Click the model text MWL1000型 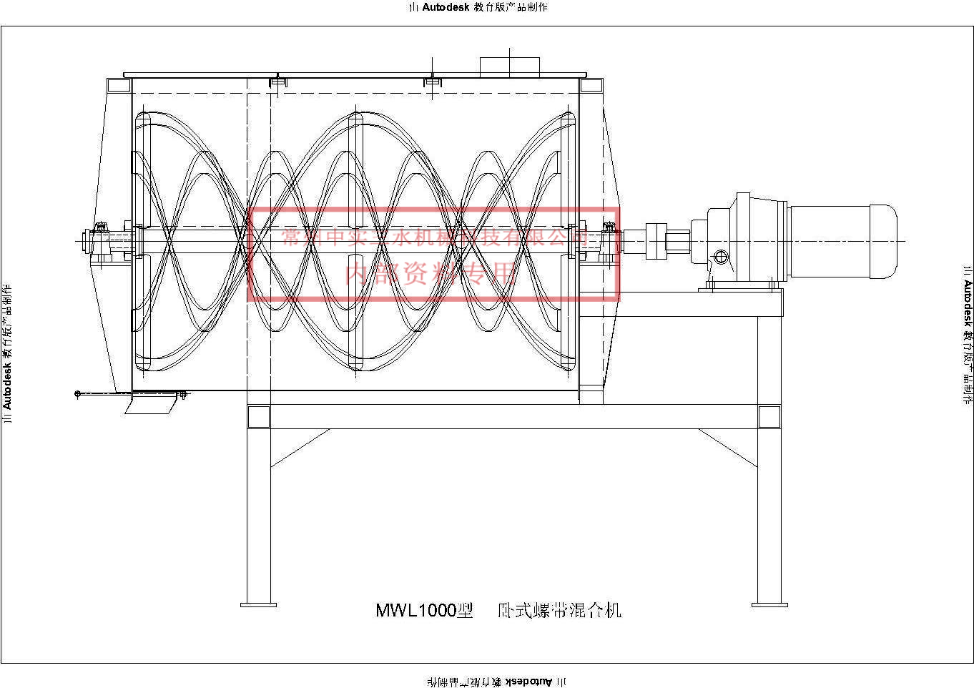(424, 610)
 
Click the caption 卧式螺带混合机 (560, 610)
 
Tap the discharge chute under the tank (150, 405)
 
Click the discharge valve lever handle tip (77, 393)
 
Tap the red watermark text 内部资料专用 (430, 272)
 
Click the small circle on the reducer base (721, 256)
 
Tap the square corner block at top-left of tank (119, 85)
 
